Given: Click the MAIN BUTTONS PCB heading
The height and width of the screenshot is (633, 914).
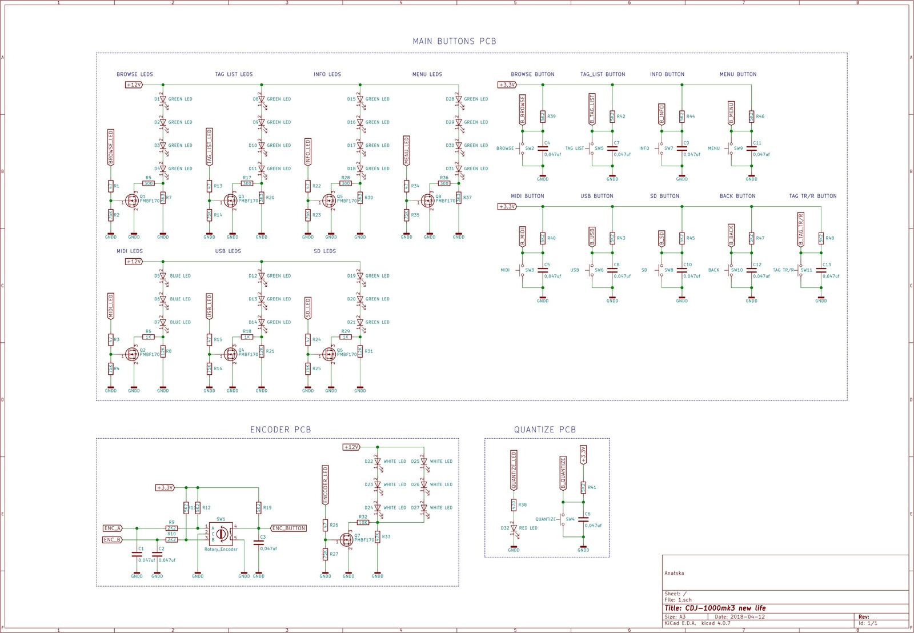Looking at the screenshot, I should (x=454, y=41).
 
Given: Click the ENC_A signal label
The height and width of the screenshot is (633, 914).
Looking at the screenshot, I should (x=113, y=528).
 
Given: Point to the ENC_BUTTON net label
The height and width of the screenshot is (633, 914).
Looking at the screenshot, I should (x=288, y=528).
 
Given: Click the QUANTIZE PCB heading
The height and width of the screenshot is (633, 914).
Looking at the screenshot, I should (x=544, y=430).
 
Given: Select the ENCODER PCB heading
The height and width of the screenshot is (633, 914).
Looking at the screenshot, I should (x=280, y=430).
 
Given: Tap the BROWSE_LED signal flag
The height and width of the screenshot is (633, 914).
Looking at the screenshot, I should (x=111, y=147).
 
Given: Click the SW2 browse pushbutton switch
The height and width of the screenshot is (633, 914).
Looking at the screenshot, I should (x=522, y=149).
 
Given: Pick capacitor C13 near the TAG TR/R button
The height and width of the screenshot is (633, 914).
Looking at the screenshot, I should (x=821, y=270).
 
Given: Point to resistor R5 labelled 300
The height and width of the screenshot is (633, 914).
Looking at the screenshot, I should (x=148, y=183).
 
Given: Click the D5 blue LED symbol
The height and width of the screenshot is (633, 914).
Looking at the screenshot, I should (x=163, y=276).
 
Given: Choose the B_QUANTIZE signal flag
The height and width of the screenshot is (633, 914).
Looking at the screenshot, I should (x=563, y=473).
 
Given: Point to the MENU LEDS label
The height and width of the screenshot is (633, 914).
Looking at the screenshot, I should (x=427, y=74).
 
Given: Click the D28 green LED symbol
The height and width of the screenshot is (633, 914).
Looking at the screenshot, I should (x=459, y=99).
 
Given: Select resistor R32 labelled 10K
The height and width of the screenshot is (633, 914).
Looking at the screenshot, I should (x=363, y=523).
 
